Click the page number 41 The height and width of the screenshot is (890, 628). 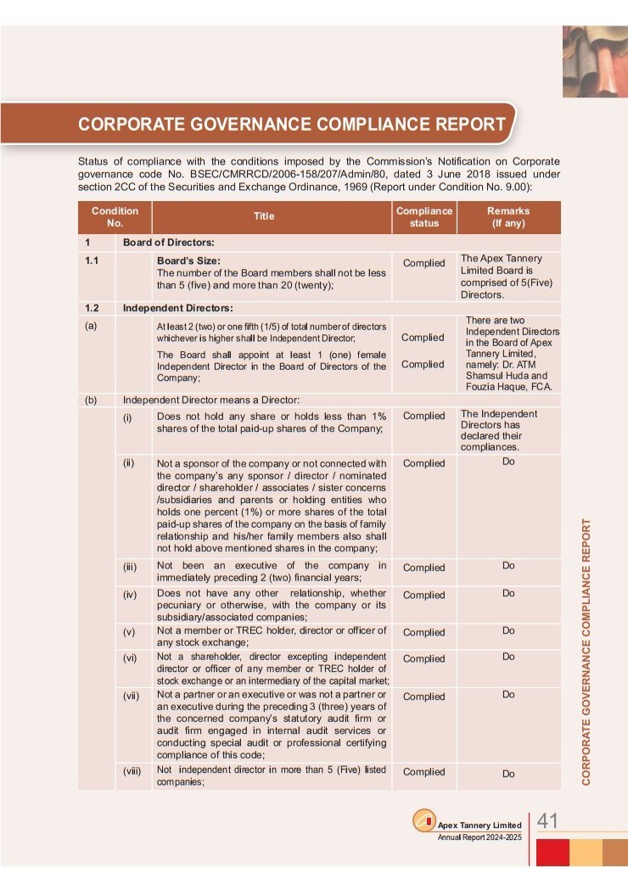click(547, 821)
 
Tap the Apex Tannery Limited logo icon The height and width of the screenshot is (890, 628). click(423, 822)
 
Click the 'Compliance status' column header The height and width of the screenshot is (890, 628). click(424, 217)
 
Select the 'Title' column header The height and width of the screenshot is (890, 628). click(264, 216)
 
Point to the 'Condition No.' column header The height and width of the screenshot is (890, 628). click(115, 217)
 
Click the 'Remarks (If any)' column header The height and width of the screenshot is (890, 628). click(508, 217)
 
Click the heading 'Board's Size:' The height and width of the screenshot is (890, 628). click(189, 260)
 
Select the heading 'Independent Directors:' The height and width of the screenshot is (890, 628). click(177, 308)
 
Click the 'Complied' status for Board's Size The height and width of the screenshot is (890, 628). click(423, 263)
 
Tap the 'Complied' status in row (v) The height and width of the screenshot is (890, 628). click(423, 632)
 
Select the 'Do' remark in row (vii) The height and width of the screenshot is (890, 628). click(508, 695)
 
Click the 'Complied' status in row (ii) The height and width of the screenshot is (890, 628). click(423, 463)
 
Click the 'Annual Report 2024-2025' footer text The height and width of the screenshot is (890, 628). click(479, 837)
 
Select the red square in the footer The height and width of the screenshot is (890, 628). click(552, 852)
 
